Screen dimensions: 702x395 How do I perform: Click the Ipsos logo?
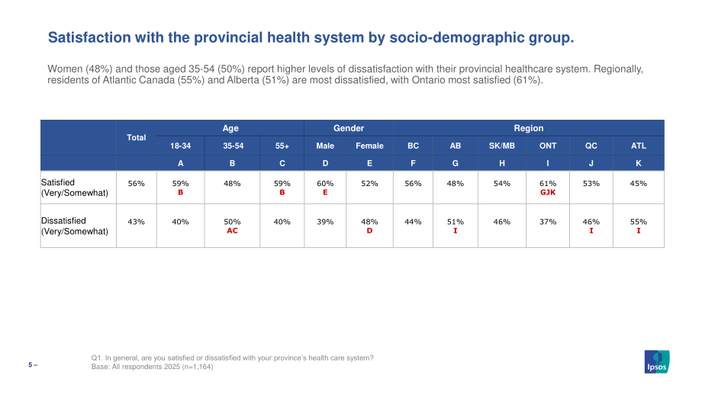pos(657,361)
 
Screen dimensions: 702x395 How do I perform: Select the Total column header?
pos(136,137)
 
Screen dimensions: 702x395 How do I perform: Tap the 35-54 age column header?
pos(233,146)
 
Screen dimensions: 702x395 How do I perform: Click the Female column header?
pos(369,146)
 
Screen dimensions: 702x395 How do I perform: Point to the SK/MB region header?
pos(502,146)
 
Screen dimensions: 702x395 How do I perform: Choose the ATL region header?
pos(639,146)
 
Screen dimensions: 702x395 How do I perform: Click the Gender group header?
pos(348,128)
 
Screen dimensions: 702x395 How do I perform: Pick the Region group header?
pos(528,128)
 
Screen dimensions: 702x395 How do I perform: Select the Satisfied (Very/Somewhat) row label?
pos(75,188)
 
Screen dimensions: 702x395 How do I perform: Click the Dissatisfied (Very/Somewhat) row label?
pos(75,226)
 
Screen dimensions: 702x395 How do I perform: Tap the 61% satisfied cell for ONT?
pos(548,184)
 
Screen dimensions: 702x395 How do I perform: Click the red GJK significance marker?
pos(548,192)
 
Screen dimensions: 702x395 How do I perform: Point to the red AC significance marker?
pos(232,231)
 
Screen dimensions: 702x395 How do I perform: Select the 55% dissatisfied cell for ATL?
pos(639,222)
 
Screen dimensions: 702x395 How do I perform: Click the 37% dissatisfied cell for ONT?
pos(548,222)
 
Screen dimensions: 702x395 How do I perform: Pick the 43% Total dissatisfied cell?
pos(136,222)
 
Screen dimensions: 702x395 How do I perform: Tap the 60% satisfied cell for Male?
pos(325,184)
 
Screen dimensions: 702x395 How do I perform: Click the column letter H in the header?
pos(502,163)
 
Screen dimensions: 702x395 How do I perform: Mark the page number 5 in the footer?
pos(31,365)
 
